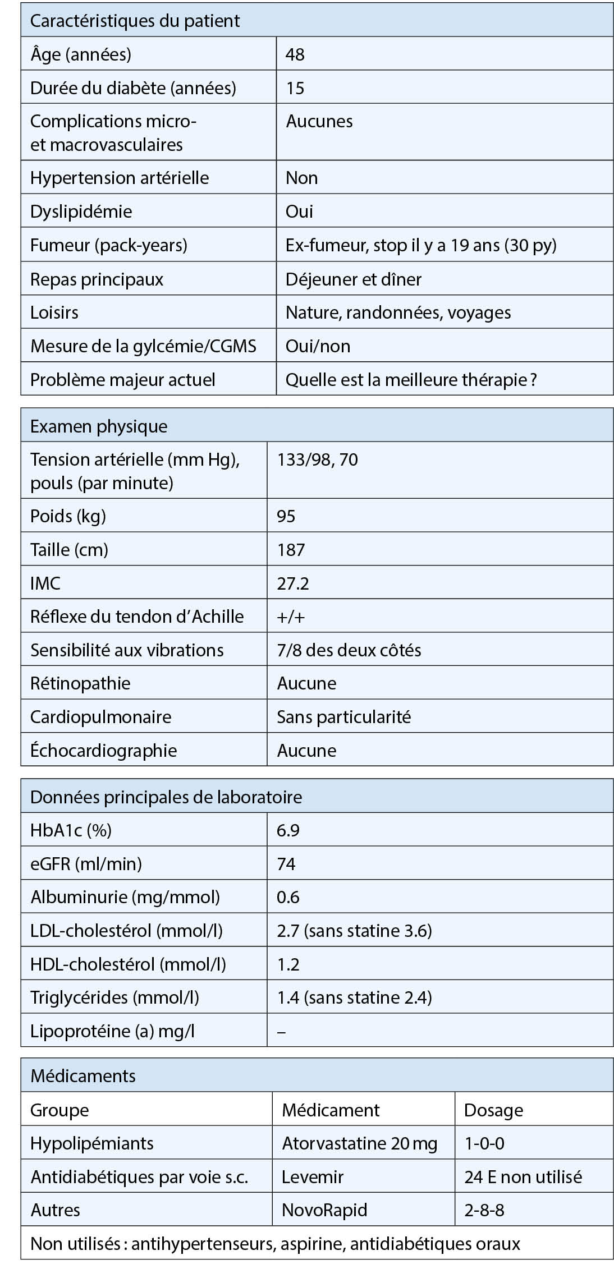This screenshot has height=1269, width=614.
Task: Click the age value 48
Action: (x=295, y=54)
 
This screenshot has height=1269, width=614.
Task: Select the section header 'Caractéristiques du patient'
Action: (x=135, y=21)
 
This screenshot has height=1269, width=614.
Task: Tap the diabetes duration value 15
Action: (x=295, y=88)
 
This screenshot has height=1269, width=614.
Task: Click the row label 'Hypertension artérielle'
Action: (x=120, y=178)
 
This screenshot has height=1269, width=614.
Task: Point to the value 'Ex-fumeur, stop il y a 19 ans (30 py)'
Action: (x=421, y=245)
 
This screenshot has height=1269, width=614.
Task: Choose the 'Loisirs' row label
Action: (x=54, y=312)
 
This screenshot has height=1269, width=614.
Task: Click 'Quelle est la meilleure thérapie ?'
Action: (x=411, y=380)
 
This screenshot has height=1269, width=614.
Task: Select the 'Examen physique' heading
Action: (x=99, y=426)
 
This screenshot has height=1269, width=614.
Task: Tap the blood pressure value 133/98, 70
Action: (x=318, y=460)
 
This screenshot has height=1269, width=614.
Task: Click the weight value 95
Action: (x=286, y=516)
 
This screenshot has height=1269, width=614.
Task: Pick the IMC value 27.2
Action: (x=293, y=583)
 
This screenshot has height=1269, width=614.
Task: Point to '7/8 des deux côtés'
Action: (x=349, y=650)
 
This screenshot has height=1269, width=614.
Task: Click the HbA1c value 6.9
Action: (x=288, y=830)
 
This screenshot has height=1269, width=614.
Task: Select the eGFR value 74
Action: (x=286, y=864)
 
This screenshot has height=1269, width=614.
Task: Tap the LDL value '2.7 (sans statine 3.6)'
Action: (x=354, y=931)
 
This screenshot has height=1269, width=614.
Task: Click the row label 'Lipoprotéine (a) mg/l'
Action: (x=112, y=1031)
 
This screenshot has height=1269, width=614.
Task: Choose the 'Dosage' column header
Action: (x=494, y=1110)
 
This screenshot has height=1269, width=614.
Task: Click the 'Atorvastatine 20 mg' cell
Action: (x=359, y=1143)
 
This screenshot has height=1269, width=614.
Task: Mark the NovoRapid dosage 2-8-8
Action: (x=484, y=1210)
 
